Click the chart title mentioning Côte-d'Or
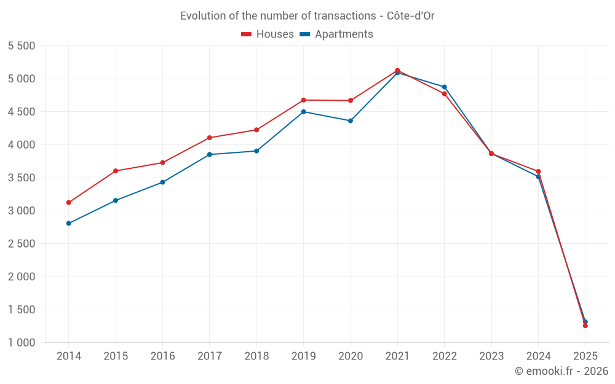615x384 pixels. click(307, 16)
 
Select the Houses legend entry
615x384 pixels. click(268, 34)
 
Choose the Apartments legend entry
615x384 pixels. click(336, 34)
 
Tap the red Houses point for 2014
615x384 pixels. click(68, 203)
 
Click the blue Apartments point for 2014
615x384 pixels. click(68, 224)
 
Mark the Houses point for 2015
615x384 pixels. click(116, 171)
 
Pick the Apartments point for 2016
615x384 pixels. click(162, 182)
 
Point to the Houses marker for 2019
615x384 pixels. click(303, 100)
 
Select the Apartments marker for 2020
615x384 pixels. click(351, 121)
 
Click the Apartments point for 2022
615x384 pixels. click(444, 87)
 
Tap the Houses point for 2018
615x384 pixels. click(256, 130)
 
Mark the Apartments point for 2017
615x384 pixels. click(210, 155)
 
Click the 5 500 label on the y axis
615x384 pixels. click(22, 46)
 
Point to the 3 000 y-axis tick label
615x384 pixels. click(22, 211)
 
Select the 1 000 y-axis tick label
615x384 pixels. click(22, 343)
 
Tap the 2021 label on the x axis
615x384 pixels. click(397, 356)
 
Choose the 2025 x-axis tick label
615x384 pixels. click(585, 356)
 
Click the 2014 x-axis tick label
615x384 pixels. click(68, 356)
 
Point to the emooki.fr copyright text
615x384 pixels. click(561, 371)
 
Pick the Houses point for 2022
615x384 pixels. click(444, 94)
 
